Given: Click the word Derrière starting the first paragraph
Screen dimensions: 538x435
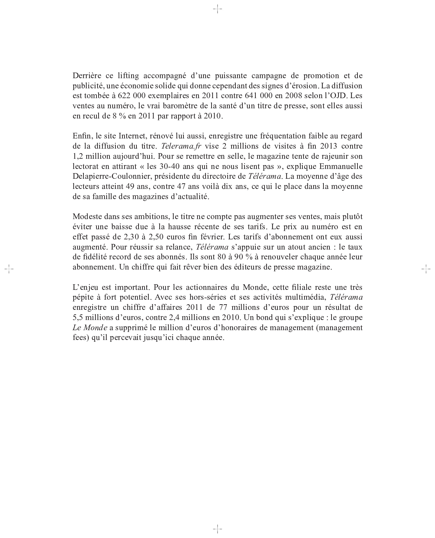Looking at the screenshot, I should pyautogui.click(x=86, y=76).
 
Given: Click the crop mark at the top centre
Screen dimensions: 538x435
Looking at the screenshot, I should pyautogui.click(x=217, y=9).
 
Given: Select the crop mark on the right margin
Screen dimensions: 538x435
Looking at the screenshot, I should pyautogui.click(x=426, y=269).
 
